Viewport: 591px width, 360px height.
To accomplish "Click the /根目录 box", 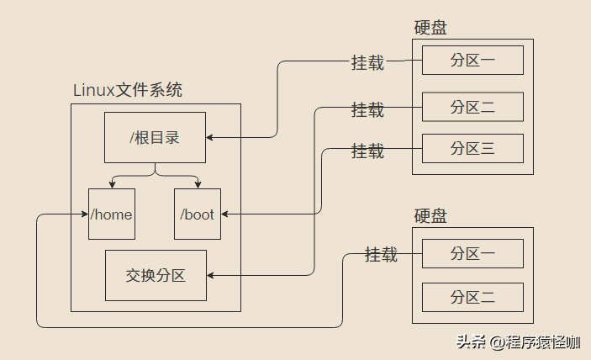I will pyautogui.click(x=155, y=137).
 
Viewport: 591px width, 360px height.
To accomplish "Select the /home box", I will pyautogui.click(x=112, y=214).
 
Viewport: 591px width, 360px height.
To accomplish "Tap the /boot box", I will pyautogui.click(x=198, y=214).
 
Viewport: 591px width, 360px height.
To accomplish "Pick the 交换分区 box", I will pyautogui.click(x=156, y=275).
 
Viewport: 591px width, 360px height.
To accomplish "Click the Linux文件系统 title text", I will pyautogui.click(x=128, y=89).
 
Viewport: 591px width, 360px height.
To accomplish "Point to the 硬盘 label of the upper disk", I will pyautogui.click(x=430, y=28).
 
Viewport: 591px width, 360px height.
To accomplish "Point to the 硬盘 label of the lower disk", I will pyautogui.click(x=430, y=216).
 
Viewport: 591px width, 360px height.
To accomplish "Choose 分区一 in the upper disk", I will pyautogui.click(x=472, y=61).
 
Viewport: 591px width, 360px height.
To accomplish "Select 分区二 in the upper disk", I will pyautogui.click(x=472, y=107).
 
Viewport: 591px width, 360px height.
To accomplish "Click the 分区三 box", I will pyautogui.click(x=472, y=149).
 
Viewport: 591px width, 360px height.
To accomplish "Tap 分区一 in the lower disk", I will pyautogui.click(x=472, y=253).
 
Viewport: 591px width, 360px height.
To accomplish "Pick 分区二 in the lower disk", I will pyautogui.click(x=472, y=297).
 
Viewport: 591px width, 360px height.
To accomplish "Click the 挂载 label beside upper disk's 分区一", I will pyautogui.click(x=367, y=63).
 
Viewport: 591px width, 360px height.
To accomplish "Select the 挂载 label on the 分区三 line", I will pyautogui.click(x=367, y=151).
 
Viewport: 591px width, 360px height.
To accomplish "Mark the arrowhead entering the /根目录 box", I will pyautogui.click(x=210, y=136).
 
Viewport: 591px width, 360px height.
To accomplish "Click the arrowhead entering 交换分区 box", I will pyautogui.click(x=211, y=275).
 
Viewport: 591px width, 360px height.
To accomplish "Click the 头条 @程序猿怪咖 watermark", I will pyautogui.click(x=518, y=341).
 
